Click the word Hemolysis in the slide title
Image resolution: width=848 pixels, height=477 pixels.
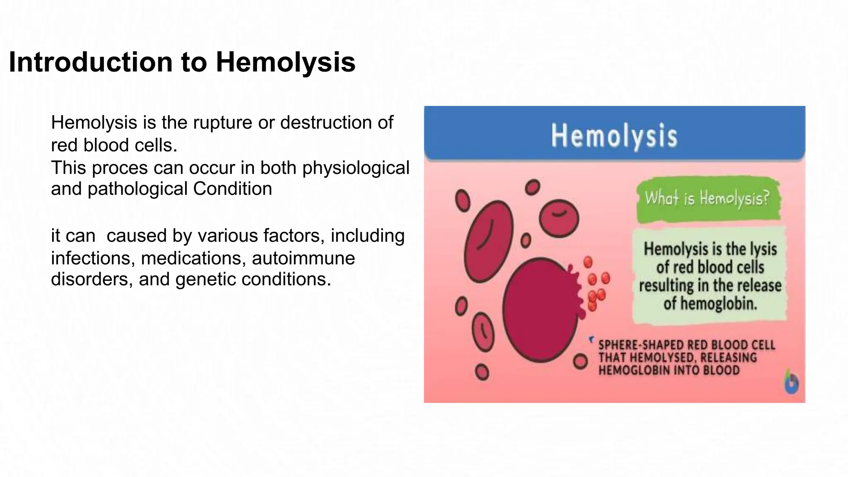(x=285, y=62)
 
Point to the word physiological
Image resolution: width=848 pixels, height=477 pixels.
(x=356, y=168)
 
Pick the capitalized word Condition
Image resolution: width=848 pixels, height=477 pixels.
(x=232, y=189)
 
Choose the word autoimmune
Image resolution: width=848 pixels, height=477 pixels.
(x=303, y=258)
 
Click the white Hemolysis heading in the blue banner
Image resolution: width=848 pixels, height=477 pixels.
(x=614, y=135)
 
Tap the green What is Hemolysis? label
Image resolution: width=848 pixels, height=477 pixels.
(x=707, y=199)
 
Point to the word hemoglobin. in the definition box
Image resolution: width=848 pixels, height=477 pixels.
(x=710, y=304)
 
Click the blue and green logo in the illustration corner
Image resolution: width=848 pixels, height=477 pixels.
(x=791, y=383)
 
